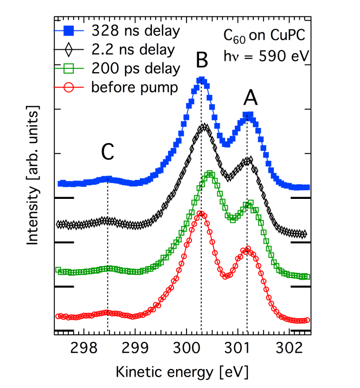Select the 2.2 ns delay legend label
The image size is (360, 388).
pos(133,50)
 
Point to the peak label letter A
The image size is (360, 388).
pos(250,98)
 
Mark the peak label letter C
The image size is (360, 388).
pos(107,154)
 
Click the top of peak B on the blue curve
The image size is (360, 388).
pos(201,80)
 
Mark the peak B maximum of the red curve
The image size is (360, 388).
pos(201,213)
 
